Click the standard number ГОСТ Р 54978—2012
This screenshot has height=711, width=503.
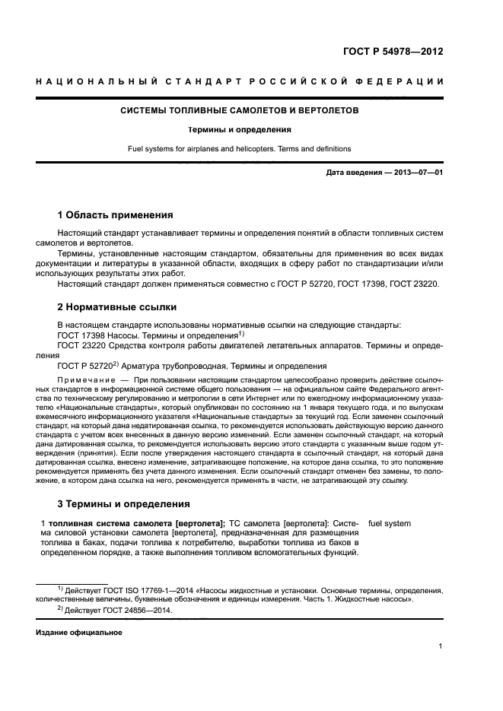[x=393, y=52]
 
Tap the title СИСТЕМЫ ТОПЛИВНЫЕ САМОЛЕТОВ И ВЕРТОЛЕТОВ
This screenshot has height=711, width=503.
[x=251, y=110]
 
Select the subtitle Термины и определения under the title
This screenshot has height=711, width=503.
[x=251, y=129]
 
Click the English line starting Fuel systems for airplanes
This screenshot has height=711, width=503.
[x=251, y=149]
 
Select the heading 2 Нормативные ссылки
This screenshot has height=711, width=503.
[x=117, y=307]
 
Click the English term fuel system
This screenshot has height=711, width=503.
[x=390, y=523]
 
